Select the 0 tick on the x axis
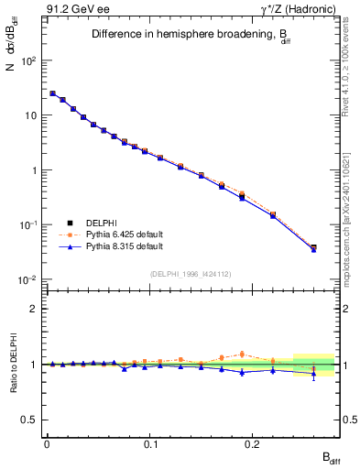pos(47,449)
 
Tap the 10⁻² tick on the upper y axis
pos(29,279)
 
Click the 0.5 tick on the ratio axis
pos(31,420)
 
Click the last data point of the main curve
pos(313,248)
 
